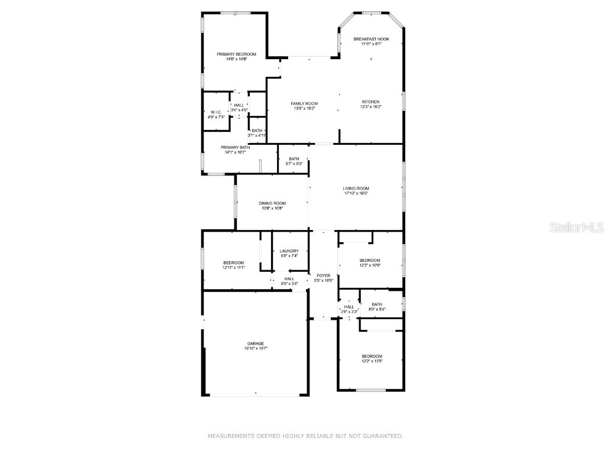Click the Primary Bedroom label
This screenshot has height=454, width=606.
pyautogui.click(x=236, y=54)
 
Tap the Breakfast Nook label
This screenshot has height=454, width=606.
pyautogui.click(x=372, y=39)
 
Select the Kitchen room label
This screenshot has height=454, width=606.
pyautogui.click(x=370, y=102)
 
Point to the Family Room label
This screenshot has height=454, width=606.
pyautogui.click(x=304, y=103)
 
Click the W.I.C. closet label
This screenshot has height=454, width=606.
pyautogui.click(x=216, y=112)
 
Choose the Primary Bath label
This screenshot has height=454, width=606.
pyautogui.click(x=236, y=147)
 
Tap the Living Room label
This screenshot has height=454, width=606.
pyautogui.click(x=356, y=189)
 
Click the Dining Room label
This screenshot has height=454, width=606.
pyautogui.click(x=272, y=203)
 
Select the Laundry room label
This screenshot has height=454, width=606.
pyautogui.click(x=289, y=251)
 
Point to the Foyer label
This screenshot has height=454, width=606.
pyautogui.click(x=324, y=275)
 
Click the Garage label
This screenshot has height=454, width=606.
pyautogui.click(x=256, y=343)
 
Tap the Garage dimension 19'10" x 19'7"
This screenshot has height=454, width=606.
pyautogui.click(x=256, y=349)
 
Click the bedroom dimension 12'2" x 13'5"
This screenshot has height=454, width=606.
pyautogui.click(x=372, y=361)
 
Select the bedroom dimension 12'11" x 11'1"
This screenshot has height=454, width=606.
pyautogui.click(x=233, y=268)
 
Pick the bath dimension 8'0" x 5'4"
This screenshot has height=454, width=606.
pyautogui.click(x=377, y=309)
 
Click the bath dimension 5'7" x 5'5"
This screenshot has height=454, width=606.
pyautogui.click(x=294, y=164)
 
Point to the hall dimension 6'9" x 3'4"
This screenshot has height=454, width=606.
pyautogui.click(x=289, y=284)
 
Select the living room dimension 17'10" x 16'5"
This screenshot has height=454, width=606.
pyautogui.click(x=356, y=193)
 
